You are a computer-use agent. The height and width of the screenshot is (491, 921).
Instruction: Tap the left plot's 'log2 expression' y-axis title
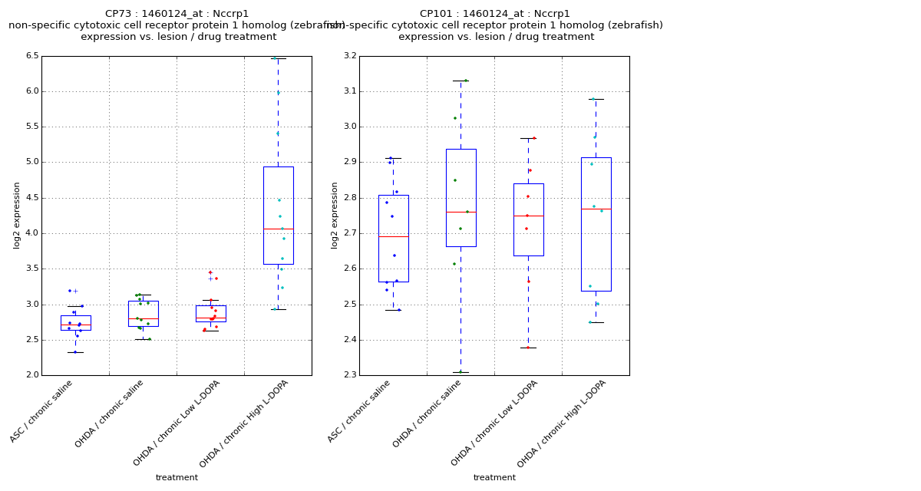pyautogui.click(x=17, y=215)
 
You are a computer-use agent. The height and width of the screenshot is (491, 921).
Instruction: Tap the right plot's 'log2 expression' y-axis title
pyautogui.click(x=335, y=215)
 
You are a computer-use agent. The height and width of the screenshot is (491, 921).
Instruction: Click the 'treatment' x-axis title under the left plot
pyautogui.click(x=177, y=478)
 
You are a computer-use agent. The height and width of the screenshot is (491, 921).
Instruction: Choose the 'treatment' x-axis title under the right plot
pyautogui.click(x=494, y=478)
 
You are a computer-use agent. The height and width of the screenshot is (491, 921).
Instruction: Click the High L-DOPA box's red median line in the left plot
pyautogui.click(x=278, y=229)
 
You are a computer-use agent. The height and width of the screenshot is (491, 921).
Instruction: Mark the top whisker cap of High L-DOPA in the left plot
pyautogui.click(x=278, y=58)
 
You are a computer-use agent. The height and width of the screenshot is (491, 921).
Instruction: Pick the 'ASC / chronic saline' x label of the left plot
pyautogui.click(x=42, y=410)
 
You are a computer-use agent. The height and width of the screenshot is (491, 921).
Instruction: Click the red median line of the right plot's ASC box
pyautogui.click(x=393, y=236)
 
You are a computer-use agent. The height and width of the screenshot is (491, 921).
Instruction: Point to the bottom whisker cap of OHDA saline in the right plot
pyautogui.click(x=460, y=373)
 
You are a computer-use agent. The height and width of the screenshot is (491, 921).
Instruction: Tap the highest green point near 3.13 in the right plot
pyautogui.click(x=465, y=81)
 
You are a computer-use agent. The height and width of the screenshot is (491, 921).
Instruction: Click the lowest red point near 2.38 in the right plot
pyautogui.click(x=527, y=348)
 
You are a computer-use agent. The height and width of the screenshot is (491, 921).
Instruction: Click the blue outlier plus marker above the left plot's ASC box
pyautogui.click(x=75, y=291)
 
